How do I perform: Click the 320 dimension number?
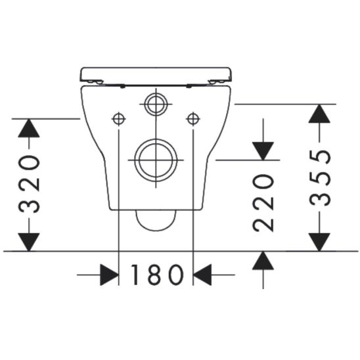click(29, 184)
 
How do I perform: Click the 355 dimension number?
click(320, 178)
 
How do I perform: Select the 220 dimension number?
click(263, 203)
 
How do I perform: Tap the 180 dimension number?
click(157, 275)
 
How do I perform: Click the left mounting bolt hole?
click(119, 119)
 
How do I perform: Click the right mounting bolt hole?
click(193, 119)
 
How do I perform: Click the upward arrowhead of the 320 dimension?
click(29, 128)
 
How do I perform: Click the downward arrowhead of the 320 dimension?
click(29, 242)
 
